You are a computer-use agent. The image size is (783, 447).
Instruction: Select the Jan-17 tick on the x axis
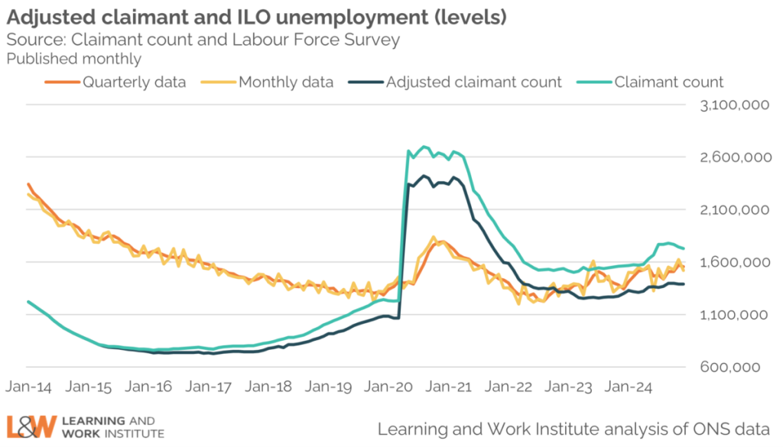pos(207,387)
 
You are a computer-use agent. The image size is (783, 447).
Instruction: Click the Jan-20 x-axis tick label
pos(387,387)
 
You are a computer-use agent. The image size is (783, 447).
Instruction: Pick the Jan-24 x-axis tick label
pos(626,387)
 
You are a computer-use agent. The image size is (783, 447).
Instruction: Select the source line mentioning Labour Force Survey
pos(203,39)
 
